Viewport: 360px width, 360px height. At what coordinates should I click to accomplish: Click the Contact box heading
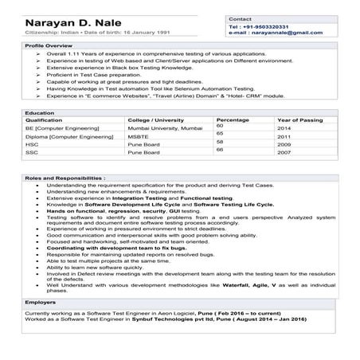coord(240,18)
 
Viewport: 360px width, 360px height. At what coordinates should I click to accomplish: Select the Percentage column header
coord(232,119)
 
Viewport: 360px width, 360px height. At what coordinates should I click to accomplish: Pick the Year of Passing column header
coord(299,119)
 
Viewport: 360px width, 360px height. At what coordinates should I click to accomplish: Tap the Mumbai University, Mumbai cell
coord(160,127)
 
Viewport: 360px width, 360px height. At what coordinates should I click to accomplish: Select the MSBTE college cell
coord(138,136)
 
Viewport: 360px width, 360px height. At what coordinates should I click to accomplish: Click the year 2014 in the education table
coord(284,127)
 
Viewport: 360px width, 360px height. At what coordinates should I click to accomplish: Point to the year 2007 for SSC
coord(284,152)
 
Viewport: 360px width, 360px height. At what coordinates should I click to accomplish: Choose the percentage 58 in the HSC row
coord(220,142)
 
